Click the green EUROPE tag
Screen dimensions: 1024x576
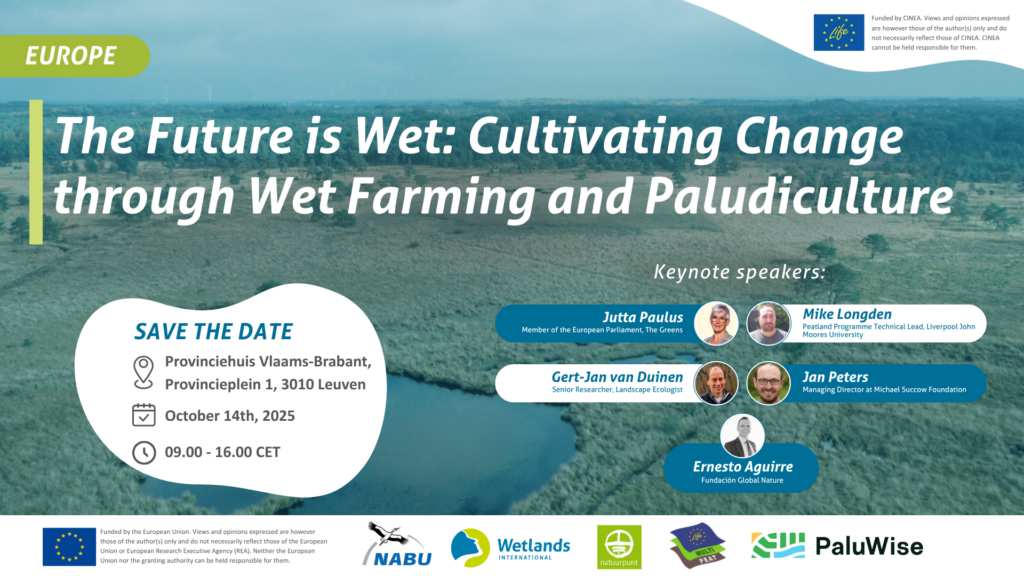point(74,56)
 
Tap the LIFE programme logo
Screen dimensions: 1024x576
point(839,33)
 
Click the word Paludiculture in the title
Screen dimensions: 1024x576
point(799,196)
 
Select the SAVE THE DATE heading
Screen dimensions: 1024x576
point(214,332)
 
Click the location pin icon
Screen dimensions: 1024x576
point(144,372)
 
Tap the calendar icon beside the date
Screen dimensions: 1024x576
point(144,415)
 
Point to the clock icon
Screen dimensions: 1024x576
point(144,452)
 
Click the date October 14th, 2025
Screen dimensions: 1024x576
point(230,416)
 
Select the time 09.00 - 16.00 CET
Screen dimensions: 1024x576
point(222,452)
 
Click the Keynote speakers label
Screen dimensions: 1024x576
point(739,272)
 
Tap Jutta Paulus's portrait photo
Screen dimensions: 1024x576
point(716,323)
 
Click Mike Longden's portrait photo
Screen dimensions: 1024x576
point(769,323)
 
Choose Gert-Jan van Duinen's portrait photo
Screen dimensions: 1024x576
point(716,383)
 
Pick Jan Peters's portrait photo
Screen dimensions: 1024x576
point(769,383)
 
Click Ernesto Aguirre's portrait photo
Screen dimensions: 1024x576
point(743,436)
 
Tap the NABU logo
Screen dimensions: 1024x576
point(398,545)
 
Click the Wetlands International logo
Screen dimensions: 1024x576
point(511,547)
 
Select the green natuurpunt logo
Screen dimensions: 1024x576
point(619,547)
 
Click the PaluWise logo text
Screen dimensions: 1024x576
point(869,547)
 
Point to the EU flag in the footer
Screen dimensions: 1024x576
point(69,547)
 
